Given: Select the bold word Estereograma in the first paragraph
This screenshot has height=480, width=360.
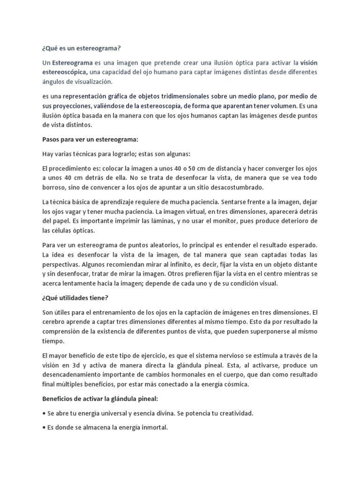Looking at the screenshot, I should (x=72, y=62).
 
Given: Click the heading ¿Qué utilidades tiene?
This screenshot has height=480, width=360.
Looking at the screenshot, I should (x=74, y=298).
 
